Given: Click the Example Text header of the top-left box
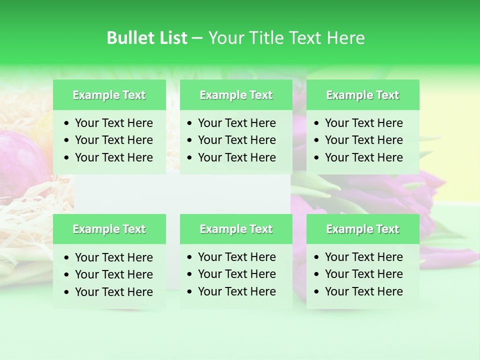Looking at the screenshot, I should click(109, 95).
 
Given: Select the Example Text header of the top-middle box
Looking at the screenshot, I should click(236, 95).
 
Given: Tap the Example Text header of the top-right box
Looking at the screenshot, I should click(362, 95).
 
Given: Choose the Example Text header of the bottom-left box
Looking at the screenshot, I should click(109, 229).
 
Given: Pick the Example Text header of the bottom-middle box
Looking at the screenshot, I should click(236, 229).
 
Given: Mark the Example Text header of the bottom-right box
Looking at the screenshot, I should click(362, 229).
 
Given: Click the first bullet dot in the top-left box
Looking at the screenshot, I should click(67, 123).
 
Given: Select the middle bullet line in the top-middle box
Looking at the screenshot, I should click(236, 140).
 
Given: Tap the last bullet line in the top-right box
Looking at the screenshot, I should click(363, 157).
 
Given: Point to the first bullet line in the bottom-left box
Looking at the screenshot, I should click(113, 257).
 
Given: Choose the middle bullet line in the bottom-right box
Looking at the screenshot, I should click(363, 274).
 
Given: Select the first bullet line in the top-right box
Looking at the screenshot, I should click(363, 123).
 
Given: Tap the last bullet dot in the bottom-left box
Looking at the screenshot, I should click(67, 292).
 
